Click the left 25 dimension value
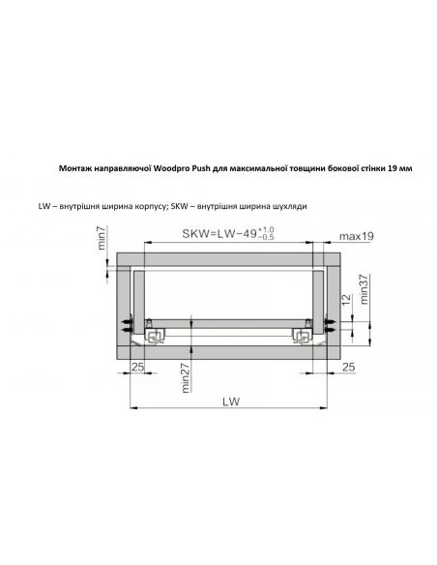(x=138, y=368)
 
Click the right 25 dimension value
(x=347, y=368)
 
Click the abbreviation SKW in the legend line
(x=194, y=207)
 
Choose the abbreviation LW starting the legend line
(x=44, y=207)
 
